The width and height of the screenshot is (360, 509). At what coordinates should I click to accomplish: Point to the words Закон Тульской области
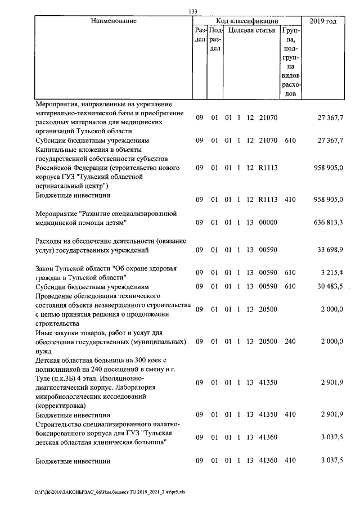[73, 268]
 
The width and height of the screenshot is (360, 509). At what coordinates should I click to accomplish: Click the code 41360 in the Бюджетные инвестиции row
[268, 461]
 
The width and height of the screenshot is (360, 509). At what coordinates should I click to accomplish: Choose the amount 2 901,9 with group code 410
[332, 415]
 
